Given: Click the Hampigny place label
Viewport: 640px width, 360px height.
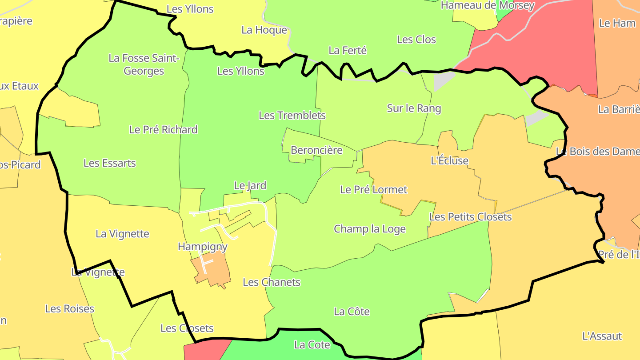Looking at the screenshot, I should (x=203, y=247).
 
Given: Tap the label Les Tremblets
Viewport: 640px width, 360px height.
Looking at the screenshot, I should (x=292, y=116).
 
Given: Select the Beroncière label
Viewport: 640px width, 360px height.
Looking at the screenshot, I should (x=316, y=150).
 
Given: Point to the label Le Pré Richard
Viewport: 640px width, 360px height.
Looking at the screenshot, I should (x=163, y=130).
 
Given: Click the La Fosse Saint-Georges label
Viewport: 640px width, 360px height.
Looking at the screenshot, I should (x=144, y=64).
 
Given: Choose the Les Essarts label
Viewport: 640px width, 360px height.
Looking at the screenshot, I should (x=109, y=163).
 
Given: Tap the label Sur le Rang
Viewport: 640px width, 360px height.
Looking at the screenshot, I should (x=414, y=108).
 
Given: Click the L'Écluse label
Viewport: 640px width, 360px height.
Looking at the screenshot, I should (x=450, y=160).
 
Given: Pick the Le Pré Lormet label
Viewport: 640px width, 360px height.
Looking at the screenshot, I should (x=373, y=190).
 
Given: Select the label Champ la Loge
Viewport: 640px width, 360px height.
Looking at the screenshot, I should (x=370, y=229).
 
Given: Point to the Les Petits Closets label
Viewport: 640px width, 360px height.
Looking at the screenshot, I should (x=470, y=217).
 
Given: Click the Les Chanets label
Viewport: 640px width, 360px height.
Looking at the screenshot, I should (x=272, y=283).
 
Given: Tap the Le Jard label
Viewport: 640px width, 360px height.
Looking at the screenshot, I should (x=250, y=185).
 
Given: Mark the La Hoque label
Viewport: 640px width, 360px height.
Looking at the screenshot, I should (x=264, y=30).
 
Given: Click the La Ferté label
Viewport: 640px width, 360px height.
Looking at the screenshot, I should (x=348, y=51).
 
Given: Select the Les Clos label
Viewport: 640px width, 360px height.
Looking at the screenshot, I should (x=416, y=40).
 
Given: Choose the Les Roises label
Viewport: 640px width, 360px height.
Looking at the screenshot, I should (x=70, y=309).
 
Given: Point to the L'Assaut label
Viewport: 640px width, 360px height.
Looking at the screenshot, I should (x=602, y=336).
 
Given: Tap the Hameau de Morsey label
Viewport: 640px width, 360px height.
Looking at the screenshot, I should (x=488, y=6).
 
